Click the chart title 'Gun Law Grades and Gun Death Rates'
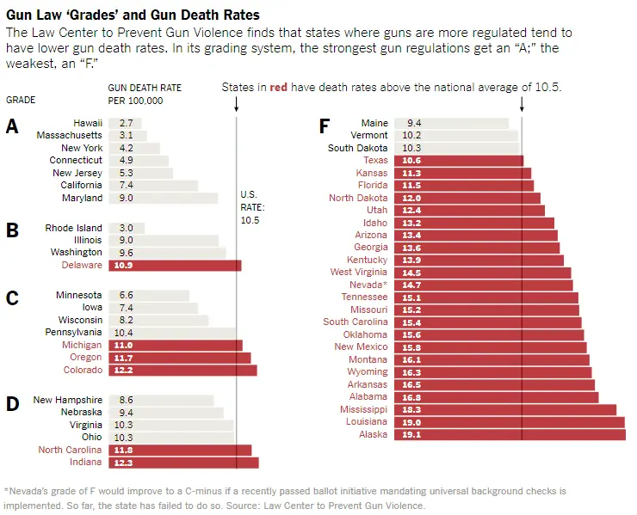[x=133, y=15]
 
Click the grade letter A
[x=12, y=127]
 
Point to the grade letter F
[x=325, y=127]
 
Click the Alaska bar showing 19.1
[x=510, y=435]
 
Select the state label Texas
[x=375, y=161]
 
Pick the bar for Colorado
[x=182, y=371]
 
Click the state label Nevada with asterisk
[x=368, y=285]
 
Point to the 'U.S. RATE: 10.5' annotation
[x=252, y=207]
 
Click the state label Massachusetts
[x=70, y=136]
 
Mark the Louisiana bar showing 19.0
[x=510, y=422]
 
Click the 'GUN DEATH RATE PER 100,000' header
[x=136, y=94]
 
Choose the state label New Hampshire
[x=68, y=401]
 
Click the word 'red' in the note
[x=278, y=88]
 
